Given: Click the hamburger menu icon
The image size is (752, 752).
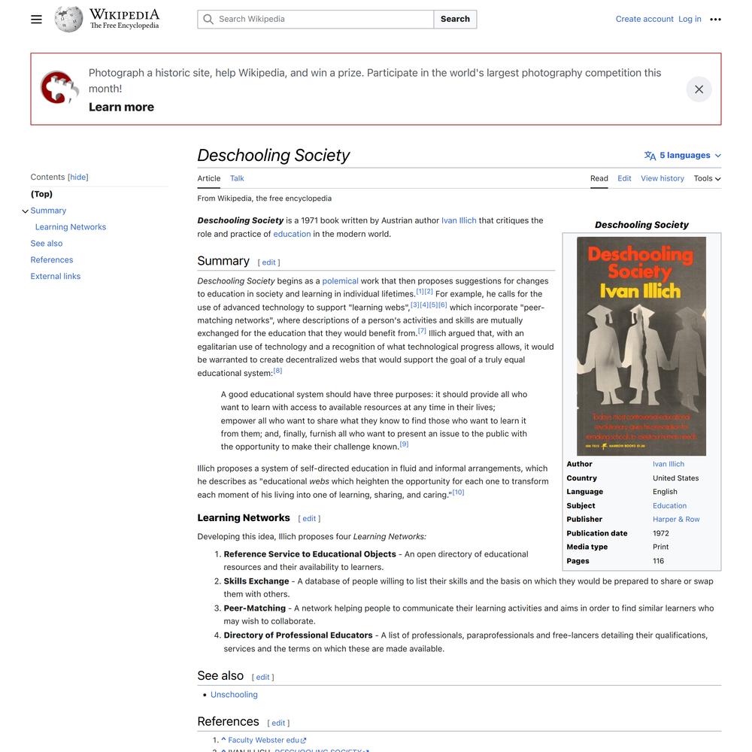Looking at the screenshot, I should point(36,20).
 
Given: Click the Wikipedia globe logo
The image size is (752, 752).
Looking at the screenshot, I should point(68,20).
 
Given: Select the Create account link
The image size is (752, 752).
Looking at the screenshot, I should point(644,20).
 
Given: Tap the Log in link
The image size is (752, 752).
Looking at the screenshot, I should point(690,20).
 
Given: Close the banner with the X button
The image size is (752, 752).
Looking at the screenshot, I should point(699,89).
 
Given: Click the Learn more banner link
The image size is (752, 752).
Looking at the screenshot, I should point(121,107).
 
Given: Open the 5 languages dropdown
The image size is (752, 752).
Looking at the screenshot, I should point(683,156).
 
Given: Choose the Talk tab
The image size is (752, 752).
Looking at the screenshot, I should point(237,179).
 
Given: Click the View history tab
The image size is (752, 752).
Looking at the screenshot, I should point(662,179).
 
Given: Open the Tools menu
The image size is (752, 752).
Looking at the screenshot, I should point(707,179).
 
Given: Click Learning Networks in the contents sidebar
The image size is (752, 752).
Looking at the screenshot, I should point(71,227).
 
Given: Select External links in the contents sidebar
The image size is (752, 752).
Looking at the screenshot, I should point(56,277).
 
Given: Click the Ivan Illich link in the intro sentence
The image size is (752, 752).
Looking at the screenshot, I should point(459,221).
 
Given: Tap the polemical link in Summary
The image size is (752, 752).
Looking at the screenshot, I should point(340,281).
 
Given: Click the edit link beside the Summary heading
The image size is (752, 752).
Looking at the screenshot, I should point(268,262).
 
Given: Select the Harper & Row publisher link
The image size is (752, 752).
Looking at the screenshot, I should point(676,520).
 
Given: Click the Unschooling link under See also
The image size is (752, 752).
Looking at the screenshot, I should point(234,695).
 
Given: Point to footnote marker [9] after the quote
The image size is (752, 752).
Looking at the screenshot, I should point(404,444).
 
